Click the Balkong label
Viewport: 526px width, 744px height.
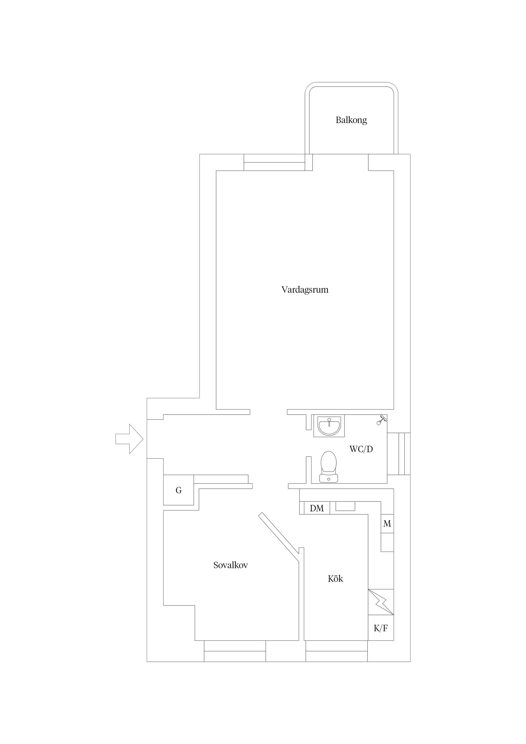351,120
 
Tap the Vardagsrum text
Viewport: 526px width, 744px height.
305,290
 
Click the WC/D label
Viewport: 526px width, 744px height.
361,449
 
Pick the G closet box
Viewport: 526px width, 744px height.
179,490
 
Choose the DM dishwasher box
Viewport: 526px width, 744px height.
317,508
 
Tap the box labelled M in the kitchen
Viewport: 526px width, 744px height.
387,524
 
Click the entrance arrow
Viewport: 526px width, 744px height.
130,439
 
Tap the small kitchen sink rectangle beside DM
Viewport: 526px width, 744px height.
345,506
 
